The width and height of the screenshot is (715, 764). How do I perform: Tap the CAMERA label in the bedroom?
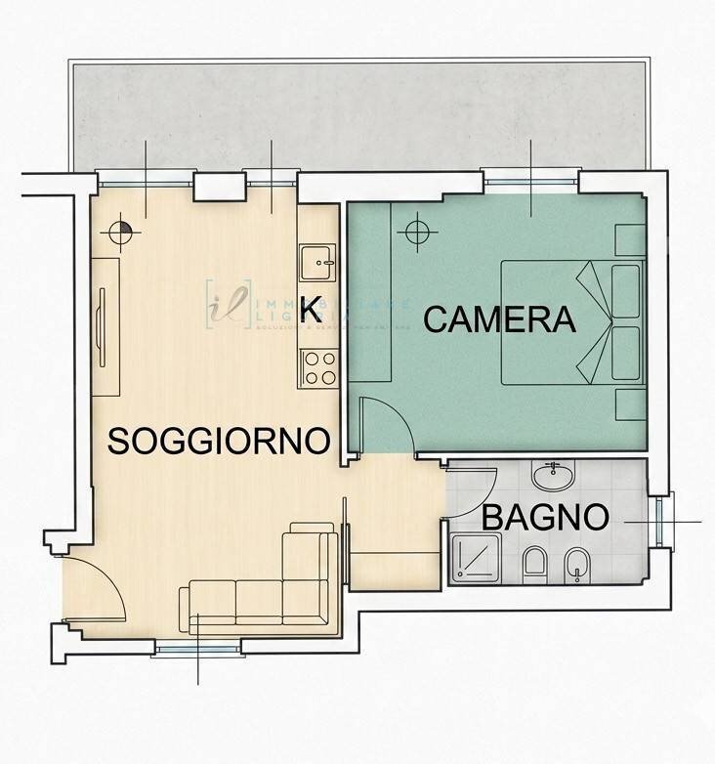click(x=499, y=319)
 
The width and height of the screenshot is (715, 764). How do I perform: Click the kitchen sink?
click(x=317, y=262)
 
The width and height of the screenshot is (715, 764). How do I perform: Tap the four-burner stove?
click(x=317, y=368)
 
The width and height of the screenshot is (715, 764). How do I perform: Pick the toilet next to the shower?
click(x=534, y=564)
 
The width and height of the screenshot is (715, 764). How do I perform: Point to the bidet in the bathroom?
click(x=577, y=564)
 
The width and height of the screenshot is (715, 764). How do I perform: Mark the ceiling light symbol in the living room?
click(x=121, y=233)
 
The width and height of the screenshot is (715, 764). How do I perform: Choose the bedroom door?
click(x=384, y=422)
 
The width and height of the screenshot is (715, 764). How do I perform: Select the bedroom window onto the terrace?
click(x=530, y=179)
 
